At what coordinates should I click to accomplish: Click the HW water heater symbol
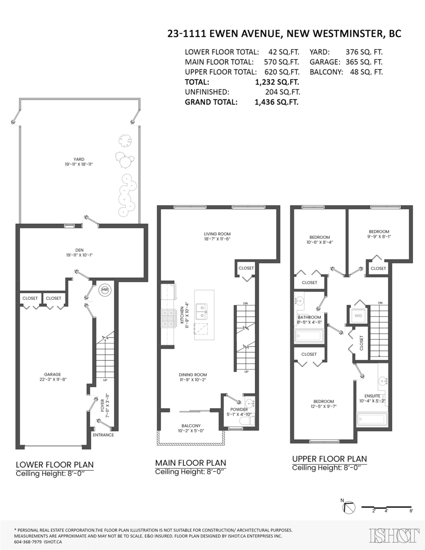pyautogui.click(x=105, y=290)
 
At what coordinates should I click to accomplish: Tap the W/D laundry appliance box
pyautogui.click(x=358, y=315)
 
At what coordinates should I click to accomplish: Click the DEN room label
pyautogui.click(x=81, y=250)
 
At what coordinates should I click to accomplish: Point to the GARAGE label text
pyautogui.click(x=53, y=374)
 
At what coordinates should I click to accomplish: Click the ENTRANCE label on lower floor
pyautogui.click(x=103, y=435)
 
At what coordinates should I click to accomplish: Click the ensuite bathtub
pyautogui.click(x=372, y=419)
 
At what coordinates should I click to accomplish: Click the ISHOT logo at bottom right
pyautogui.click(x=394, y=535)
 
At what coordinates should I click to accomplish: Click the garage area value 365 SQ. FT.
pyautogui.click(x=365, y=62)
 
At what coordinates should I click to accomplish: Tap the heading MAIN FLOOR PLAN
pyautogui.click(x=190, y=463)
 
